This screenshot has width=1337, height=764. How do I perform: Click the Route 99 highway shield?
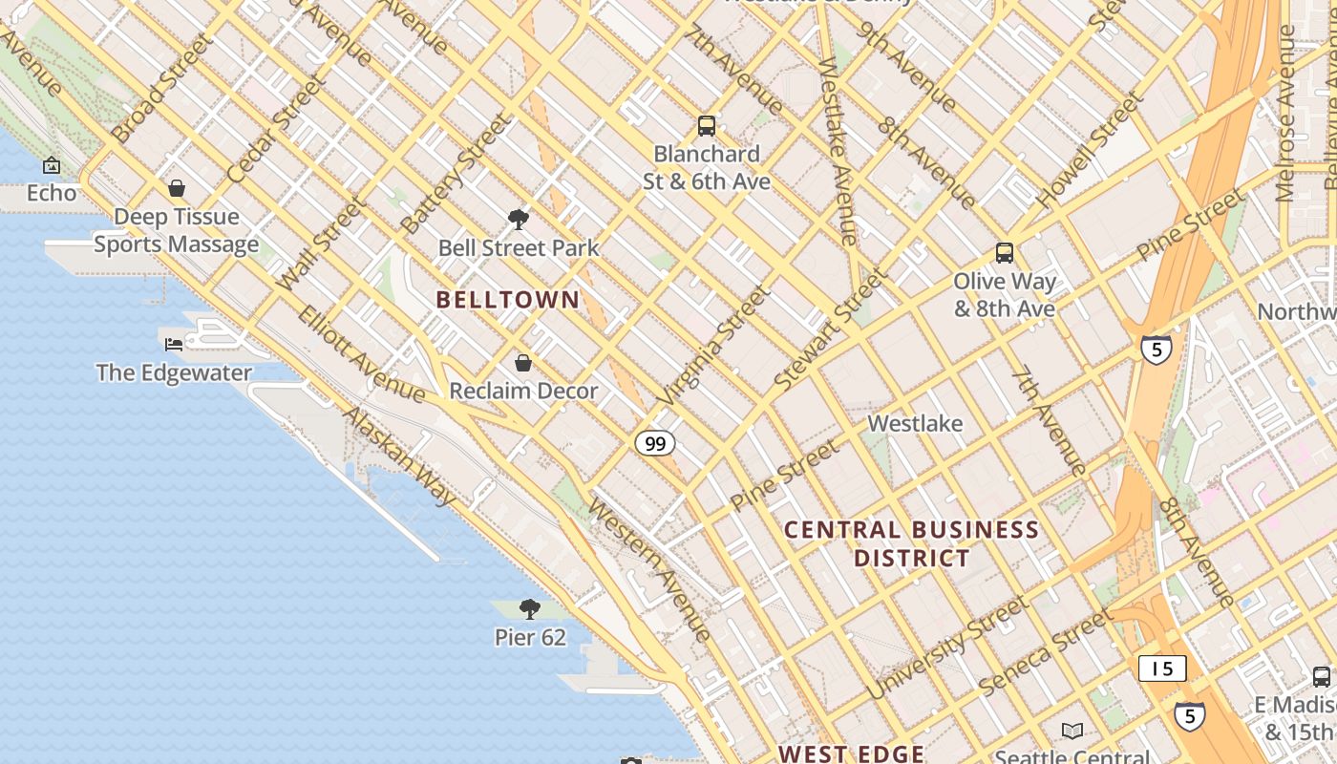654,443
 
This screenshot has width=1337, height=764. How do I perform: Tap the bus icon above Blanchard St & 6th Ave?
707,125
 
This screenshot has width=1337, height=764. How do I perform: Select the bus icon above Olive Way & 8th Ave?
1005,253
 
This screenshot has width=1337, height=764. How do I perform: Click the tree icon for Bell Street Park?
519,221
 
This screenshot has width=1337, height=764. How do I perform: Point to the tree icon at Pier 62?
530,609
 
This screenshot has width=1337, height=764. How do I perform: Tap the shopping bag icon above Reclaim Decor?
523,363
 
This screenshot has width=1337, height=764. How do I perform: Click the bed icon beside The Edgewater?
174,344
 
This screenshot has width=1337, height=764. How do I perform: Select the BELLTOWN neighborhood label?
508,300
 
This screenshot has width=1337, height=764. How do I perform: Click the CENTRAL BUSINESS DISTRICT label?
912,543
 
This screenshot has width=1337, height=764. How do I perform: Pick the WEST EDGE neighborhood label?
851,753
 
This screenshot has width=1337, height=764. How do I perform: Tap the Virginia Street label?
713,345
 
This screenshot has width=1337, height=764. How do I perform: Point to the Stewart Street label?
830,329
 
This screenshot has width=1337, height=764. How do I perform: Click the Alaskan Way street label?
400,456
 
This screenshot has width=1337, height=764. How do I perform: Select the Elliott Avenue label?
361,353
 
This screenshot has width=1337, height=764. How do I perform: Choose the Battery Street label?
456,175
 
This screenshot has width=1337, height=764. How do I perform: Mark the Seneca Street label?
1045,652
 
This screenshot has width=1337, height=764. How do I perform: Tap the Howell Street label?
1090,151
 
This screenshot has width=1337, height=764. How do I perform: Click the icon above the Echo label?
52,166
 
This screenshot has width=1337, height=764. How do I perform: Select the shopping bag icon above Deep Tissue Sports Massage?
176,188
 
